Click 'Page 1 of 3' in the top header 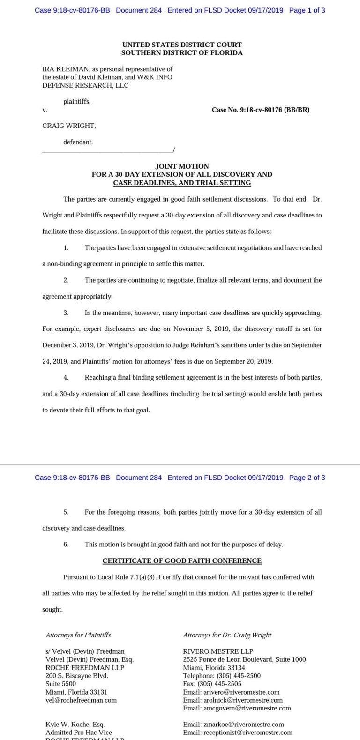click(x=307, y=10)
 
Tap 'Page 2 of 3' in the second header click(x=307, y=478)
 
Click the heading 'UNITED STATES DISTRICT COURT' click(x=182, y=45)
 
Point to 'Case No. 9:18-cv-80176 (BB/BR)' click(x=261, y=110)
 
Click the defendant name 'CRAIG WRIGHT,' click(x=69, y=126)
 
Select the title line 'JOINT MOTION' click(x=182, y=166)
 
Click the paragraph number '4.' click(x=66, y=377)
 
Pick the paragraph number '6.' click(x=66, y=544)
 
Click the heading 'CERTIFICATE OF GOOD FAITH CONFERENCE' click(x=182, y=561)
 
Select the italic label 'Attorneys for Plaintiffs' click(x=78, y=635)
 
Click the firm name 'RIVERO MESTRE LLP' click(x=211, y=651)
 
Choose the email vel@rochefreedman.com click(x=81, y=700)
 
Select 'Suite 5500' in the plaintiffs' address click(x=60, y=684)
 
